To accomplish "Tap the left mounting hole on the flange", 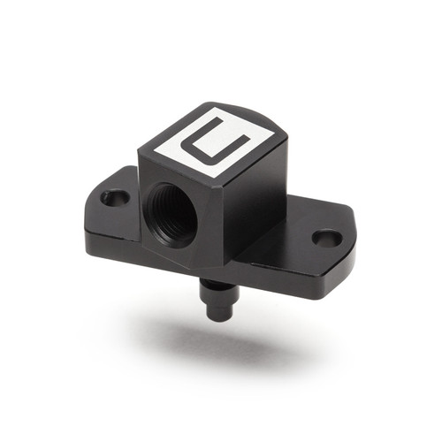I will (x=115, y=197).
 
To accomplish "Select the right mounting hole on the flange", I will (x=326, y=238).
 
